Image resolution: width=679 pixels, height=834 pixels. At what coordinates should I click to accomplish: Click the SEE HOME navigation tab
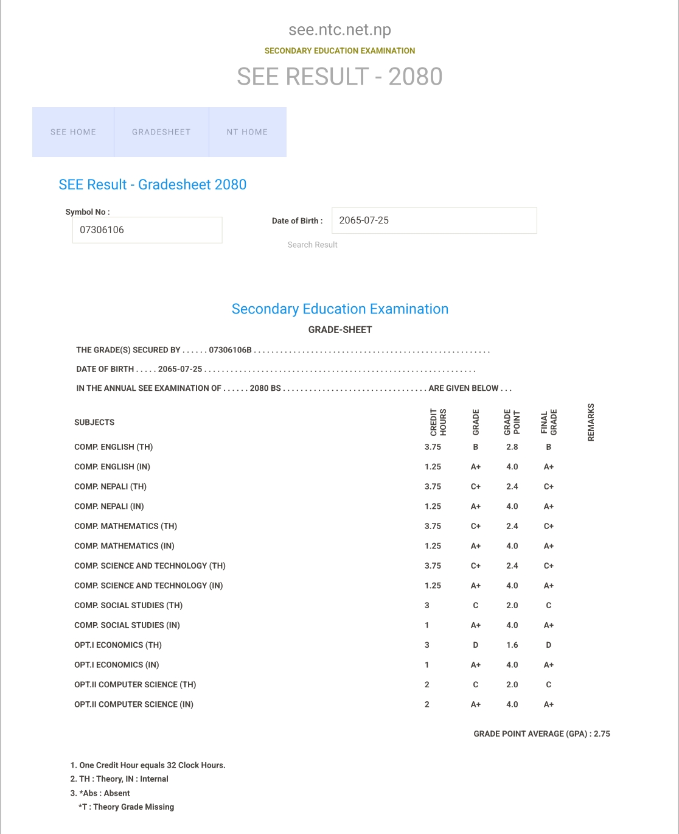73,132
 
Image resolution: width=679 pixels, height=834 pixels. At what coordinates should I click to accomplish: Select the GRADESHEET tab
161,132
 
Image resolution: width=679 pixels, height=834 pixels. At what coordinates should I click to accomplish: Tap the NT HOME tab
247,132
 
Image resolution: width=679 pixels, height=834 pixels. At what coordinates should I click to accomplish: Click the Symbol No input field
147,230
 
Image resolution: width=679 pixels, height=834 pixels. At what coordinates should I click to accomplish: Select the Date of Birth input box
434,220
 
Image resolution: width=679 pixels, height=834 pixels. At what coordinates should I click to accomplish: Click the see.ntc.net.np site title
340,29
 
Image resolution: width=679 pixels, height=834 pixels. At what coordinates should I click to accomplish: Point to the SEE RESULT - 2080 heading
340,77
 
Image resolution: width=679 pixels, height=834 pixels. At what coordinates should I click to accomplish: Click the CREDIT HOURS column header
438,422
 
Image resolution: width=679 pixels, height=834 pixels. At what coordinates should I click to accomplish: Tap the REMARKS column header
591,422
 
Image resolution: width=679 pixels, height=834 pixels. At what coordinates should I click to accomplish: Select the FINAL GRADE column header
549,422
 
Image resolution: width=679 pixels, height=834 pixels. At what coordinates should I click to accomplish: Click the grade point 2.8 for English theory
512,447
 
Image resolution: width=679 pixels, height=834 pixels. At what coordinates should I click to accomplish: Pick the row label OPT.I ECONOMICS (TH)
118,645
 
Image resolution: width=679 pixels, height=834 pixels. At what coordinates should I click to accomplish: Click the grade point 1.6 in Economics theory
512,645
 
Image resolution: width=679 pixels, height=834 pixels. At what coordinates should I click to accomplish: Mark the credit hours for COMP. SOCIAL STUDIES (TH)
427,605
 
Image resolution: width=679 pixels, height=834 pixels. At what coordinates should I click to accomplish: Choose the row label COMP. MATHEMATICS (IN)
124,546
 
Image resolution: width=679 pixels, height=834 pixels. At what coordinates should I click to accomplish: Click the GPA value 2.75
602,734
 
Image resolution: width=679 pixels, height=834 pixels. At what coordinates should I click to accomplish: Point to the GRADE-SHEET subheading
340,329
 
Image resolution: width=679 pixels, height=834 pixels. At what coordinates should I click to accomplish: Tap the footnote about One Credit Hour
148,765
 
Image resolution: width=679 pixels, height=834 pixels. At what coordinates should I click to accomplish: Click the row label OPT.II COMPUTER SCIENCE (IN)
134,704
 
